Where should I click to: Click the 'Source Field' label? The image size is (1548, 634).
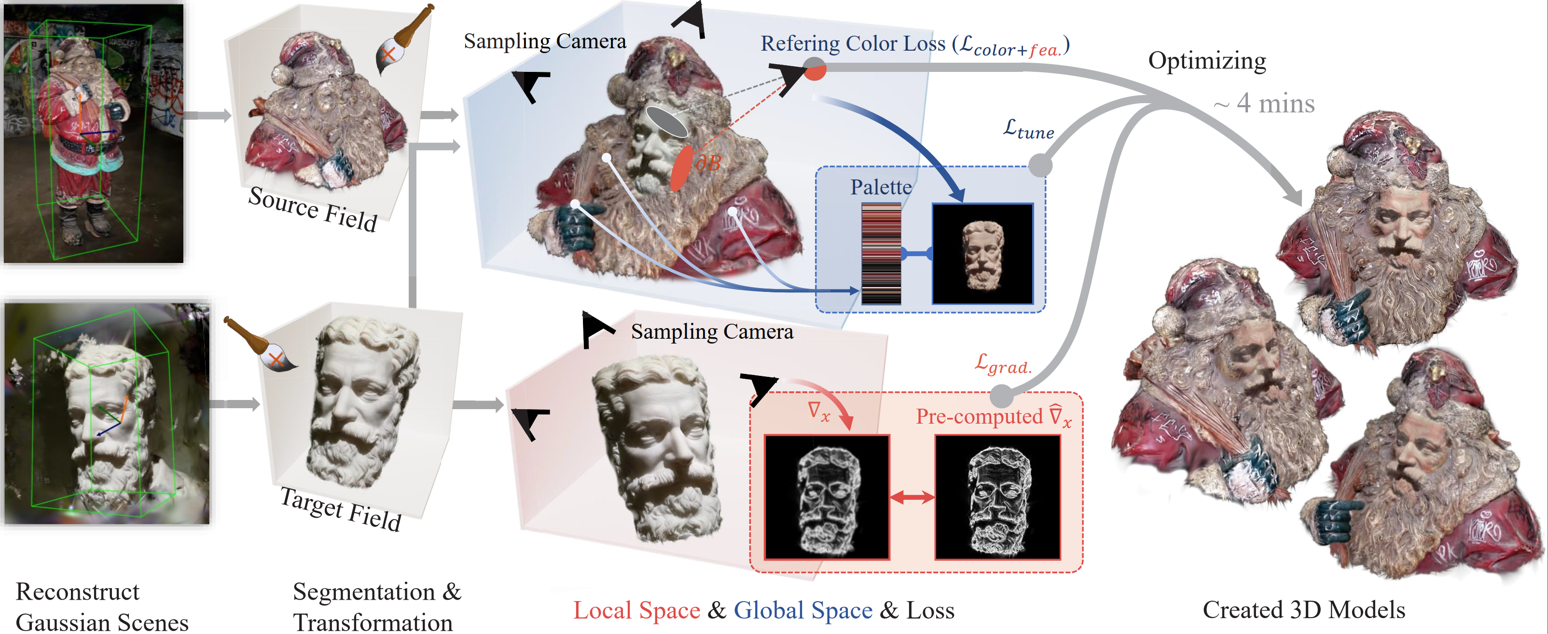(x=313, y=208)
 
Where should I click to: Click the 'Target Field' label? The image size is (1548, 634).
(x=341, y=509)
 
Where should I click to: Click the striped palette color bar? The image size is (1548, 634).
(x=881, y=254)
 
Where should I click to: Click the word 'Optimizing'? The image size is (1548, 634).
(x=1207, y=61)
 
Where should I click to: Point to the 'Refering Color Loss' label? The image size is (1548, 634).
(x=853, y=43)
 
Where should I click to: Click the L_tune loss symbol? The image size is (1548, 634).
(x=1028, y=129)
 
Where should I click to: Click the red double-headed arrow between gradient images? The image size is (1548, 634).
(x=912, y=497)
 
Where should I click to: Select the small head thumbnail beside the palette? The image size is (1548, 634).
(x=982, y=254)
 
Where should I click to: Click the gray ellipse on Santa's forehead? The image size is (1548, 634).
(x=667, y=122)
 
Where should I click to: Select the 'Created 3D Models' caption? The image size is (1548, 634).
(x=1303, y=609)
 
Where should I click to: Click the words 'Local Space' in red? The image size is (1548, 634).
(x=636, y=610)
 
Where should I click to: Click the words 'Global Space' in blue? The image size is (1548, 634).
(x=803, y=610)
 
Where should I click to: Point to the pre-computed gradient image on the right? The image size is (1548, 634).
(x=997, y=497)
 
